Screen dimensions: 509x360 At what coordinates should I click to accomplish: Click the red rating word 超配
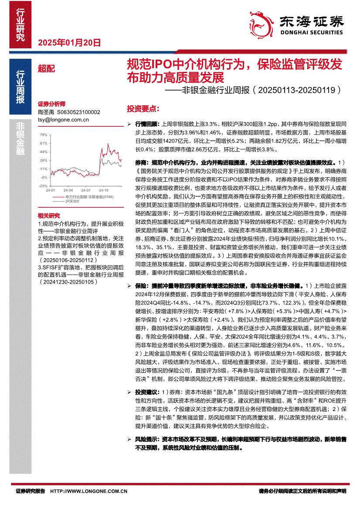tap(47, 68)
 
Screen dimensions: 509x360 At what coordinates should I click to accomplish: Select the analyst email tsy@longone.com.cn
tap(64, 119)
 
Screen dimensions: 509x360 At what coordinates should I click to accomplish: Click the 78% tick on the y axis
tap(44, 135)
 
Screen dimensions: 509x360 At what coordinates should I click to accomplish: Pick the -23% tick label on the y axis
tap(43, 185)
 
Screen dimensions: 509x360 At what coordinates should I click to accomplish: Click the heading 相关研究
tap(49, 216)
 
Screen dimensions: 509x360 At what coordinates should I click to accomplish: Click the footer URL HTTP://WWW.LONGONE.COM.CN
tap(89, 491)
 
